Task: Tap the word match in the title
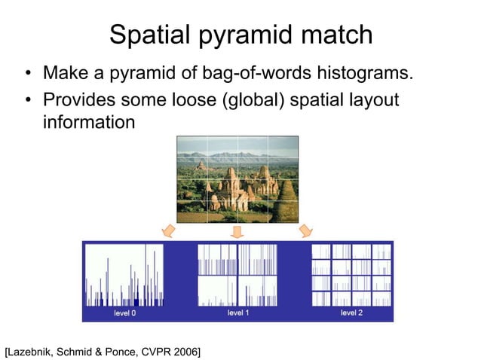pyautogui.click(x=338, y=35)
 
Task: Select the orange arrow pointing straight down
pyautogui.click(x=237, y=230)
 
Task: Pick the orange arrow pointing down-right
pyautogui.click(x=306, y=229)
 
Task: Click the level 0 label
pyautogui.click(x=124, y=313)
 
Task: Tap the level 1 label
pyautogui.click(x=238, y=313)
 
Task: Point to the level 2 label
pyautogui.click(x=351, y=313)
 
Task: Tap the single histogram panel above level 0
pyautogui.click(x=124, y=275)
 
